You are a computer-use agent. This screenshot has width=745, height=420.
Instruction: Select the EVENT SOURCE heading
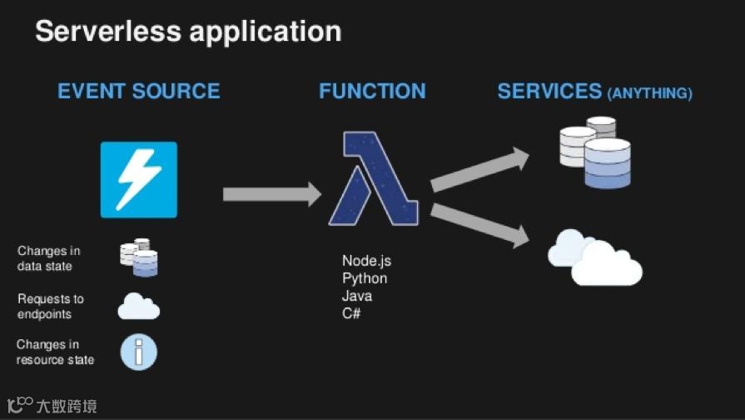coord(139,91)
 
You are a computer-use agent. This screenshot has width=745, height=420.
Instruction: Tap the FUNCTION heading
coord(372,91)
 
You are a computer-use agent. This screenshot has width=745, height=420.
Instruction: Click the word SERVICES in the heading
coord(549,91)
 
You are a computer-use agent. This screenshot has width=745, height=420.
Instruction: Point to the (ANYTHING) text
coord(650,93)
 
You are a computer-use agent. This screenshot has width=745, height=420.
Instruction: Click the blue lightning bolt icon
coord(139,179)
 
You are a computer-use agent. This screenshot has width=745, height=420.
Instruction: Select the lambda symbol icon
coord(372,178)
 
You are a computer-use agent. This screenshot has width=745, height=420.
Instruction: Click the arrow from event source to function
coord(271,194)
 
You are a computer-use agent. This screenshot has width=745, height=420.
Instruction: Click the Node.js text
coord(366,261)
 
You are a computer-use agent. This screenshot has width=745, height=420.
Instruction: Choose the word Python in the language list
coord(365,278)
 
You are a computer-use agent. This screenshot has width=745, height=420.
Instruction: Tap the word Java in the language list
coord(357,296)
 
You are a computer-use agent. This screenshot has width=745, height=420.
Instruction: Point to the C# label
coord(351,313)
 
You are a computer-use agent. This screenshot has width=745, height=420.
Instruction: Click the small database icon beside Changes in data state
coord(139,257)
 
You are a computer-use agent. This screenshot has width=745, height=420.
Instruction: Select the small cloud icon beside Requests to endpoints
coord(138,307)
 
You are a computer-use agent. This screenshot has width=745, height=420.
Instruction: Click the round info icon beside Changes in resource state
coord(138,352)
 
